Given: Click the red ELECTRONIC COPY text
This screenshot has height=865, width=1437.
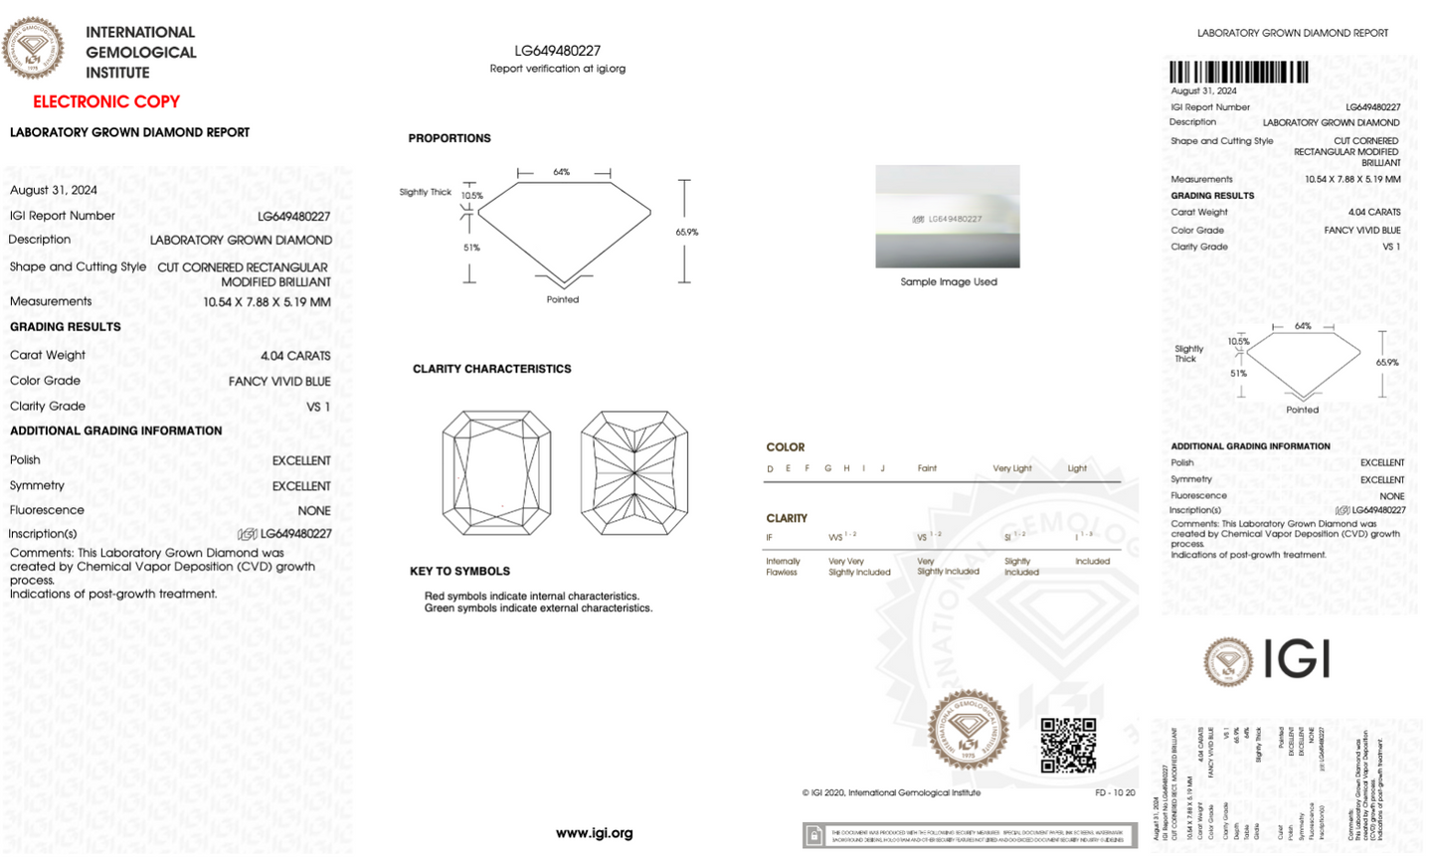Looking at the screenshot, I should click(106, 101).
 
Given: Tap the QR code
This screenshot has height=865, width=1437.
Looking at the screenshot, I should click(1067, 746).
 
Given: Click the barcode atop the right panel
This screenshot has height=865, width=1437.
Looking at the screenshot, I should click(1238, 72).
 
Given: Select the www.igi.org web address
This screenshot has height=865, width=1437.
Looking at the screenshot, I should click(594, 833).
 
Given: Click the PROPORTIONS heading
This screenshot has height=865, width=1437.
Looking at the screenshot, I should click(449, 138).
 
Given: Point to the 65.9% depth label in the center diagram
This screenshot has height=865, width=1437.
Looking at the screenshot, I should click(686, 232).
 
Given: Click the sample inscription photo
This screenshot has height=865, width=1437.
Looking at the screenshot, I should click(947, 217).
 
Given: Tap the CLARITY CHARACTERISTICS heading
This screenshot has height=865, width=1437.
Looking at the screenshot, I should click(491, 369).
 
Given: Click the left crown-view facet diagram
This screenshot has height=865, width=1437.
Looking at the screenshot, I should click(496, 473).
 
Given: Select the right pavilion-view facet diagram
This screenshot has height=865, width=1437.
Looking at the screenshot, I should click(634, 473).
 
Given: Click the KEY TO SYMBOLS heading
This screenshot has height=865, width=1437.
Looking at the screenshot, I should click(459, 572).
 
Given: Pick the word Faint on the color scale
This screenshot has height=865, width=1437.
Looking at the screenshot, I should click(926, 468).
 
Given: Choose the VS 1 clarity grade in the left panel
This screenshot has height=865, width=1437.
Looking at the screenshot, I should click(318, 407).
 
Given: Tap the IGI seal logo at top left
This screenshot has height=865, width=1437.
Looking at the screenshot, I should click(33, 48).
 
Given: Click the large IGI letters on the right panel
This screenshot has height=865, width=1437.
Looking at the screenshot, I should click(1296, 658).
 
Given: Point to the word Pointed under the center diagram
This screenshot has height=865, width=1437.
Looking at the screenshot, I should click(562, 299).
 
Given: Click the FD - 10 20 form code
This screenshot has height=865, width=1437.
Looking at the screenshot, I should click(1114, 792).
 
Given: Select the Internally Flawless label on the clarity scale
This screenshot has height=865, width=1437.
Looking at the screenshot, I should click(783, 567).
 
